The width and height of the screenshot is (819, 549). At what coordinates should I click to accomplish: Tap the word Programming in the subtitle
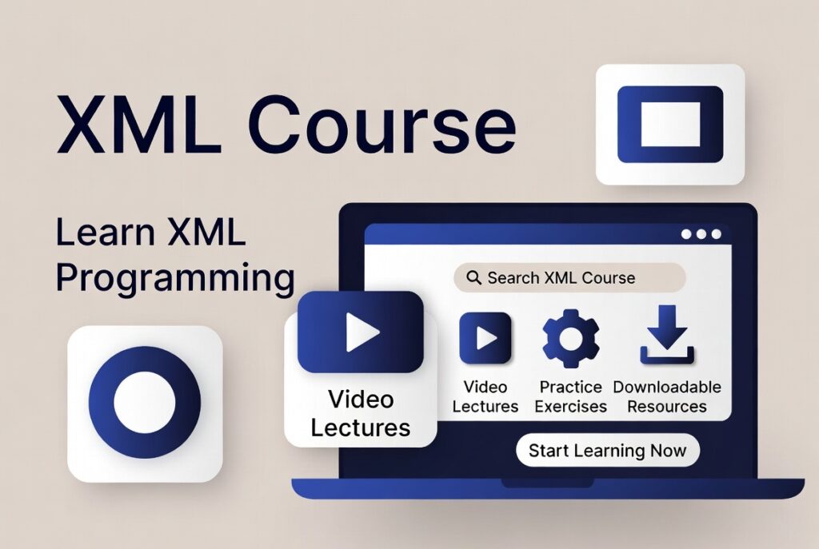click(x=175, y=278)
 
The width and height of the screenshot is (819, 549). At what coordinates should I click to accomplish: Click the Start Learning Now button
click(x=607, y=450)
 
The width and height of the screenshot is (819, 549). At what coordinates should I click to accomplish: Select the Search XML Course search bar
click(x=569, y=278)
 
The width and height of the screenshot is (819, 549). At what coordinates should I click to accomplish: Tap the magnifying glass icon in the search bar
click(x=473, y=278)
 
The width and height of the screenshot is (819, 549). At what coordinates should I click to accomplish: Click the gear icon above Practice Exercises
click(x=570, y=337)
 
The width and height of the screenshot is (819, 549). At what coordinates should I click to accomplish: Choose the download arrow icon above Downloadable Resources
click(x=667, y=336)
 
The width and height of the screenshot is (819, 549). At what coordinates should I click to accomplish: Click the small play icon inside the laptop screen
click(x=485, y=338)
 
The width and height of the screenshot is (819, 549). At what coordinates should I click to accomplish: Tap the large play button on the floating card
click(x=361, y=332)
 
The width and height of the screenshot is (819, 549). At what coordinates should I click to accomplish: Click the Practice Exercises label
click(x=570, y=396)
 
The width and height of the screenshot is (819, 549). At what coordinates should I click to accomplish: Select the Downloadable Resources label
click(x=667, y=396)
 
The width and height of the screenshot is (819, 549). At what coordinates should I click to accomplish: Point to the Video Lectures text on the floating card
click(x=360, y=412)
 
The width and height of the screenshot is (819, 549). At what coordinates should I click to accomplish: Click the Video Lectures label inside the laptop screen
click(x=485, y=396)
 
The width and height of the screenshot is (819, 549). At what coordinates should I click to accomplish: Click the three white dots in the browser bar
click(x=701, y=234)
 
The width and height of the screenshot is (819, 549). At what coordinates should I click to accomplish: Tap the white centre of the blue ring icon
click(x=144, y=402)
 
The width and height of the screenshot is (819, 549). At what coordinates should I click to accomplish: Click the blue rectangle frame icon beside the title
click(x=670, y=125)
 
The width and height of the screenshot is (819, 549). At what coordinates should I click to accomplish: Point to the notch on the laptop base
click(x=547, y=483)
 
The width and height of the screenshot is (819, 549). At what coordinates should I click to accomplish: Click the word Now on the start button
click(x=668, y=450)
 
